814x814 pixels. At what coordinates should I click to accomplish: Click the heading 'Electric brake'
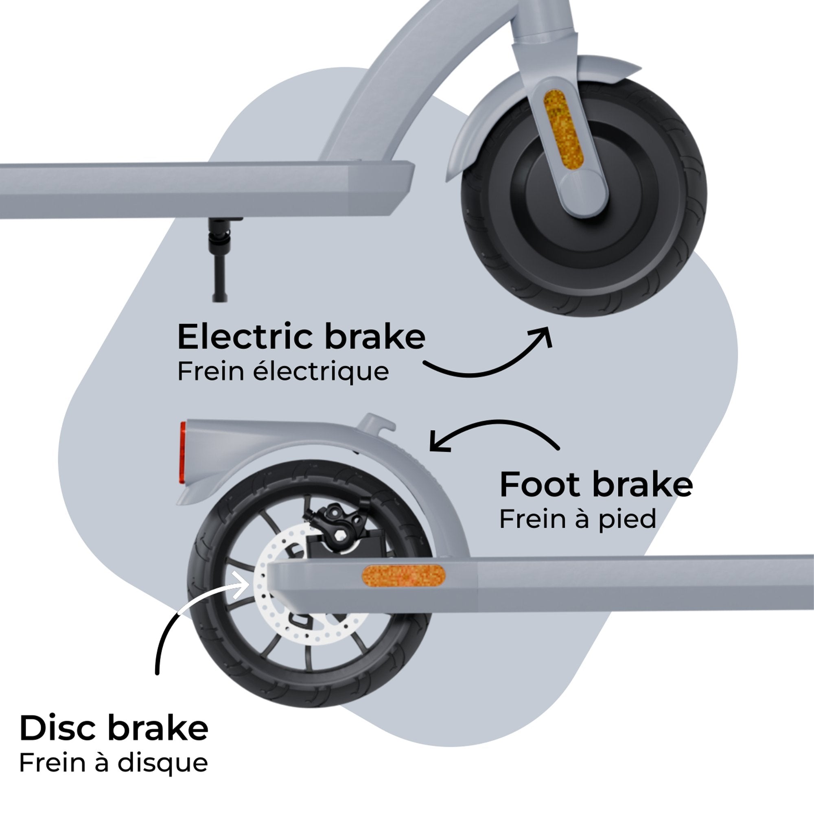(301, 337)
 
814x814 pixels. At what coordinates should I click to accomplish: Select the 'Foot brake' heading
(596, 486)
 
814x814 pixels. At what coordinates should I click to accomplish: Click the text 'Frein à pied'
(577, 519)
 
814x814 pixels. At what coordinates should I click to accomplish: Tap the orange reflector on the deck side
(403, 575)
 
